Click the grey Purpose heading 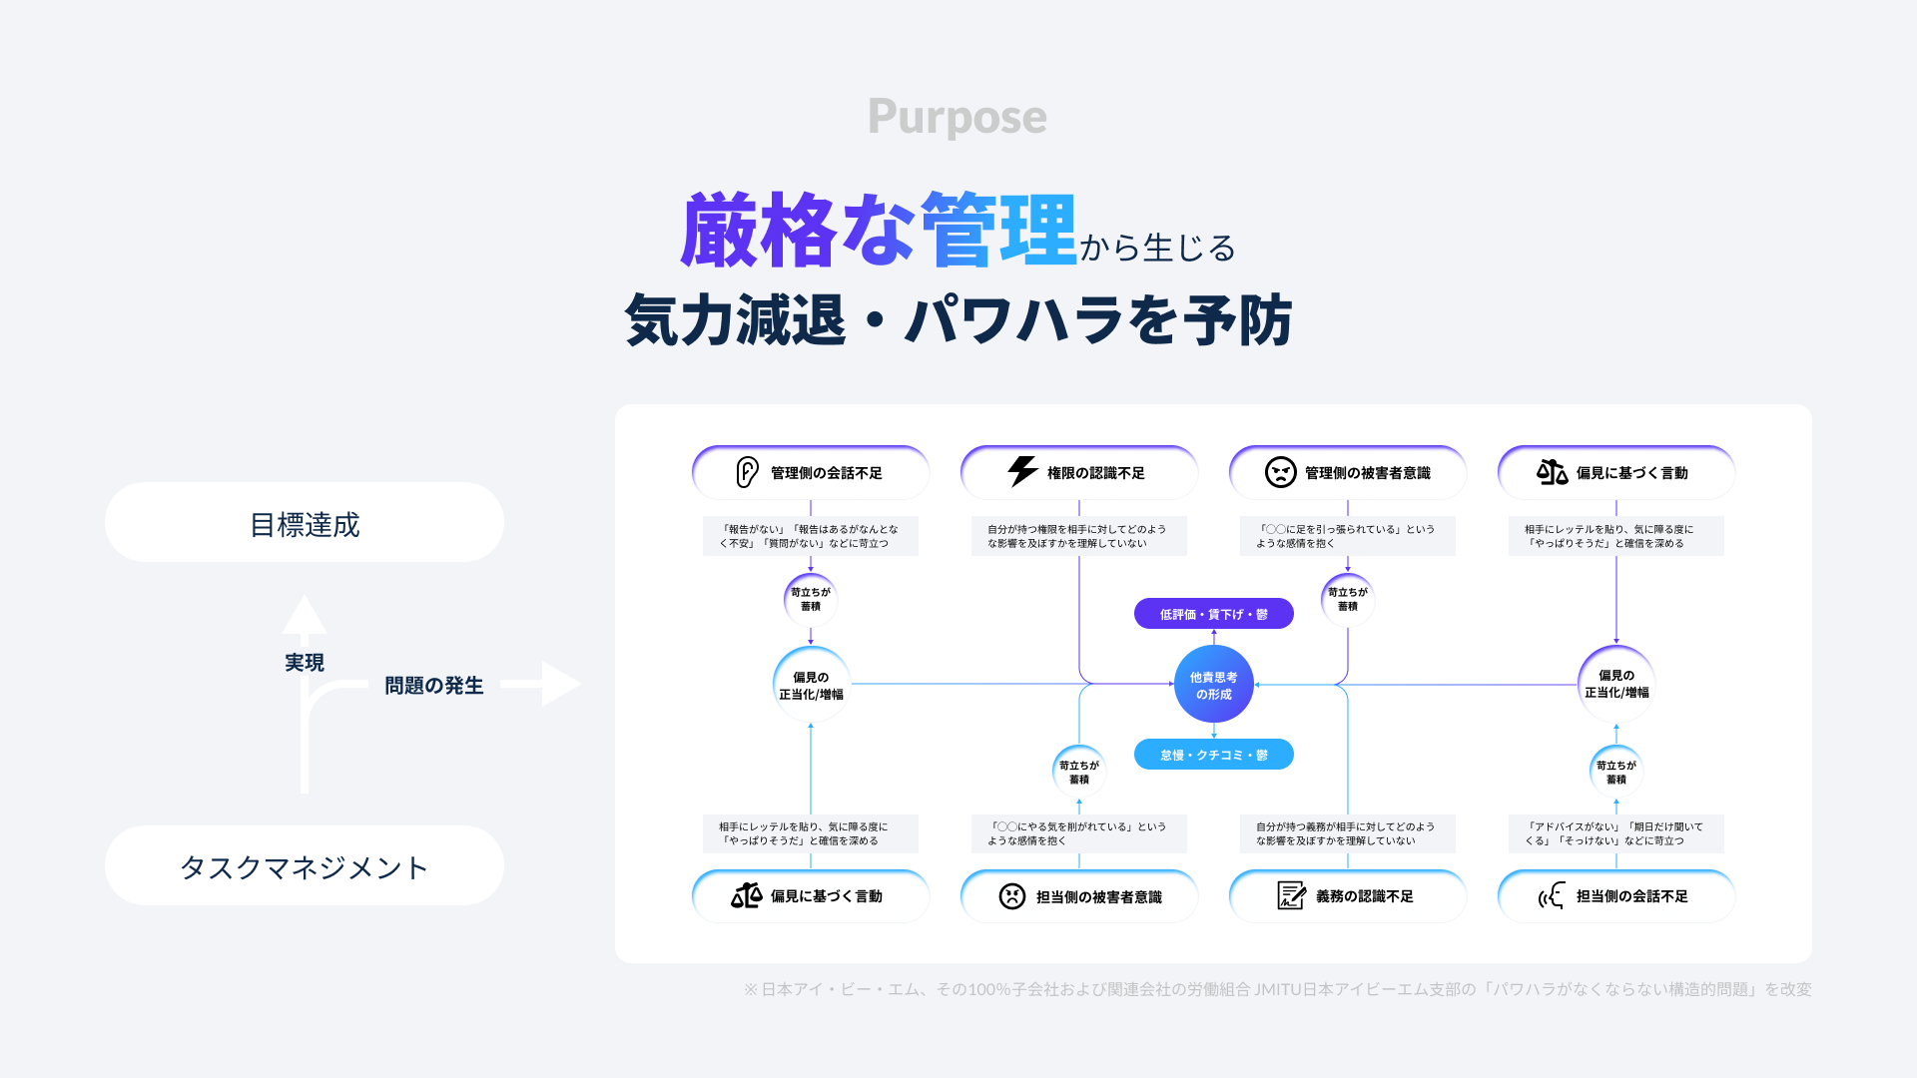tap(957, 118)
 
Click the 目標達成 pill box tap(305, 523)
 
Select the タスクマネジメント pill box tap(305, 866)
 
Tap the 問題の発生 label tap(433, 686)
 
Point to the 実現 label tap(305, 663)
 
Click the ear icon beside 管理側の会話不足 tap(747, 472)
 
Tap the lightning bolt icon tap(1022, 471)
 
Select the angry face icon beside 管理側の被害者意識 tap(1280, 472)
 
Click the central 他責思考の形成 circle tap(1213, 685)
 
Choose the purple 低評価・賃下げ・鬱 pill tap(1213, 614)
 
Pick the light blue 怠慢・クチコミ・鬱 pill tap(1213, 755)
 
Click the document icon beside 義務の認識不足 tap(1291, 895)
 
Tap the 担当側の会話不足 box tap(1615, 896)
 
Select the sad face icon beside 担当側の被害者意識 tap(1011, 896)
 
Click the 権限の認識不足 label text tap(1095, 473)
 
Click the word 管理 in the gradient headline tap(997, 231)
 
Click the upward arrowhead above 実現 tap(305, 614)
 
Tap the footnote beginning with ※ tap(1276, 989)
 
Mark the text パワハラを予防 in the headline tap(1098, 321)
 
